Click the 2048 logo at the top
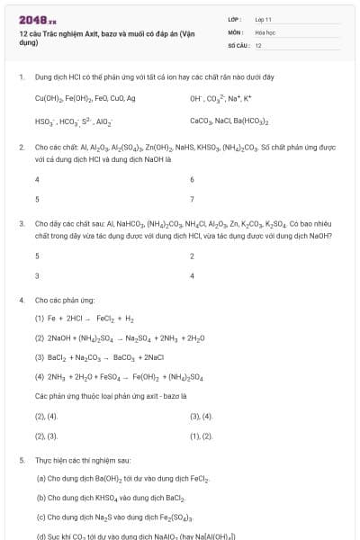coord(37,18)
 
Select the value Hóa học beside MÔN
coord(265,31)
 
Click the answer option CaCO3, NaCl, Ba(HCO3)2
coord(229,121)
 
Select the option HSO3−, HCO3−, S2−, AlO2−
coord(74,121)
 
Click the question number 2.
coord(21,145)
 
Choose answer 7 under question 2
coord(193,198)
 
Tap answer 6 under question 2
coord(193,179)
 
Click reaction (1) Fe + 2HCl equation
coord(85,319)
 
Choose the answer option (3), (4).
coord(201,416)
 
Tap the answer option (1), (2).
coord(201,436)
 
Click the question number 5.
coord(21,460)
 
